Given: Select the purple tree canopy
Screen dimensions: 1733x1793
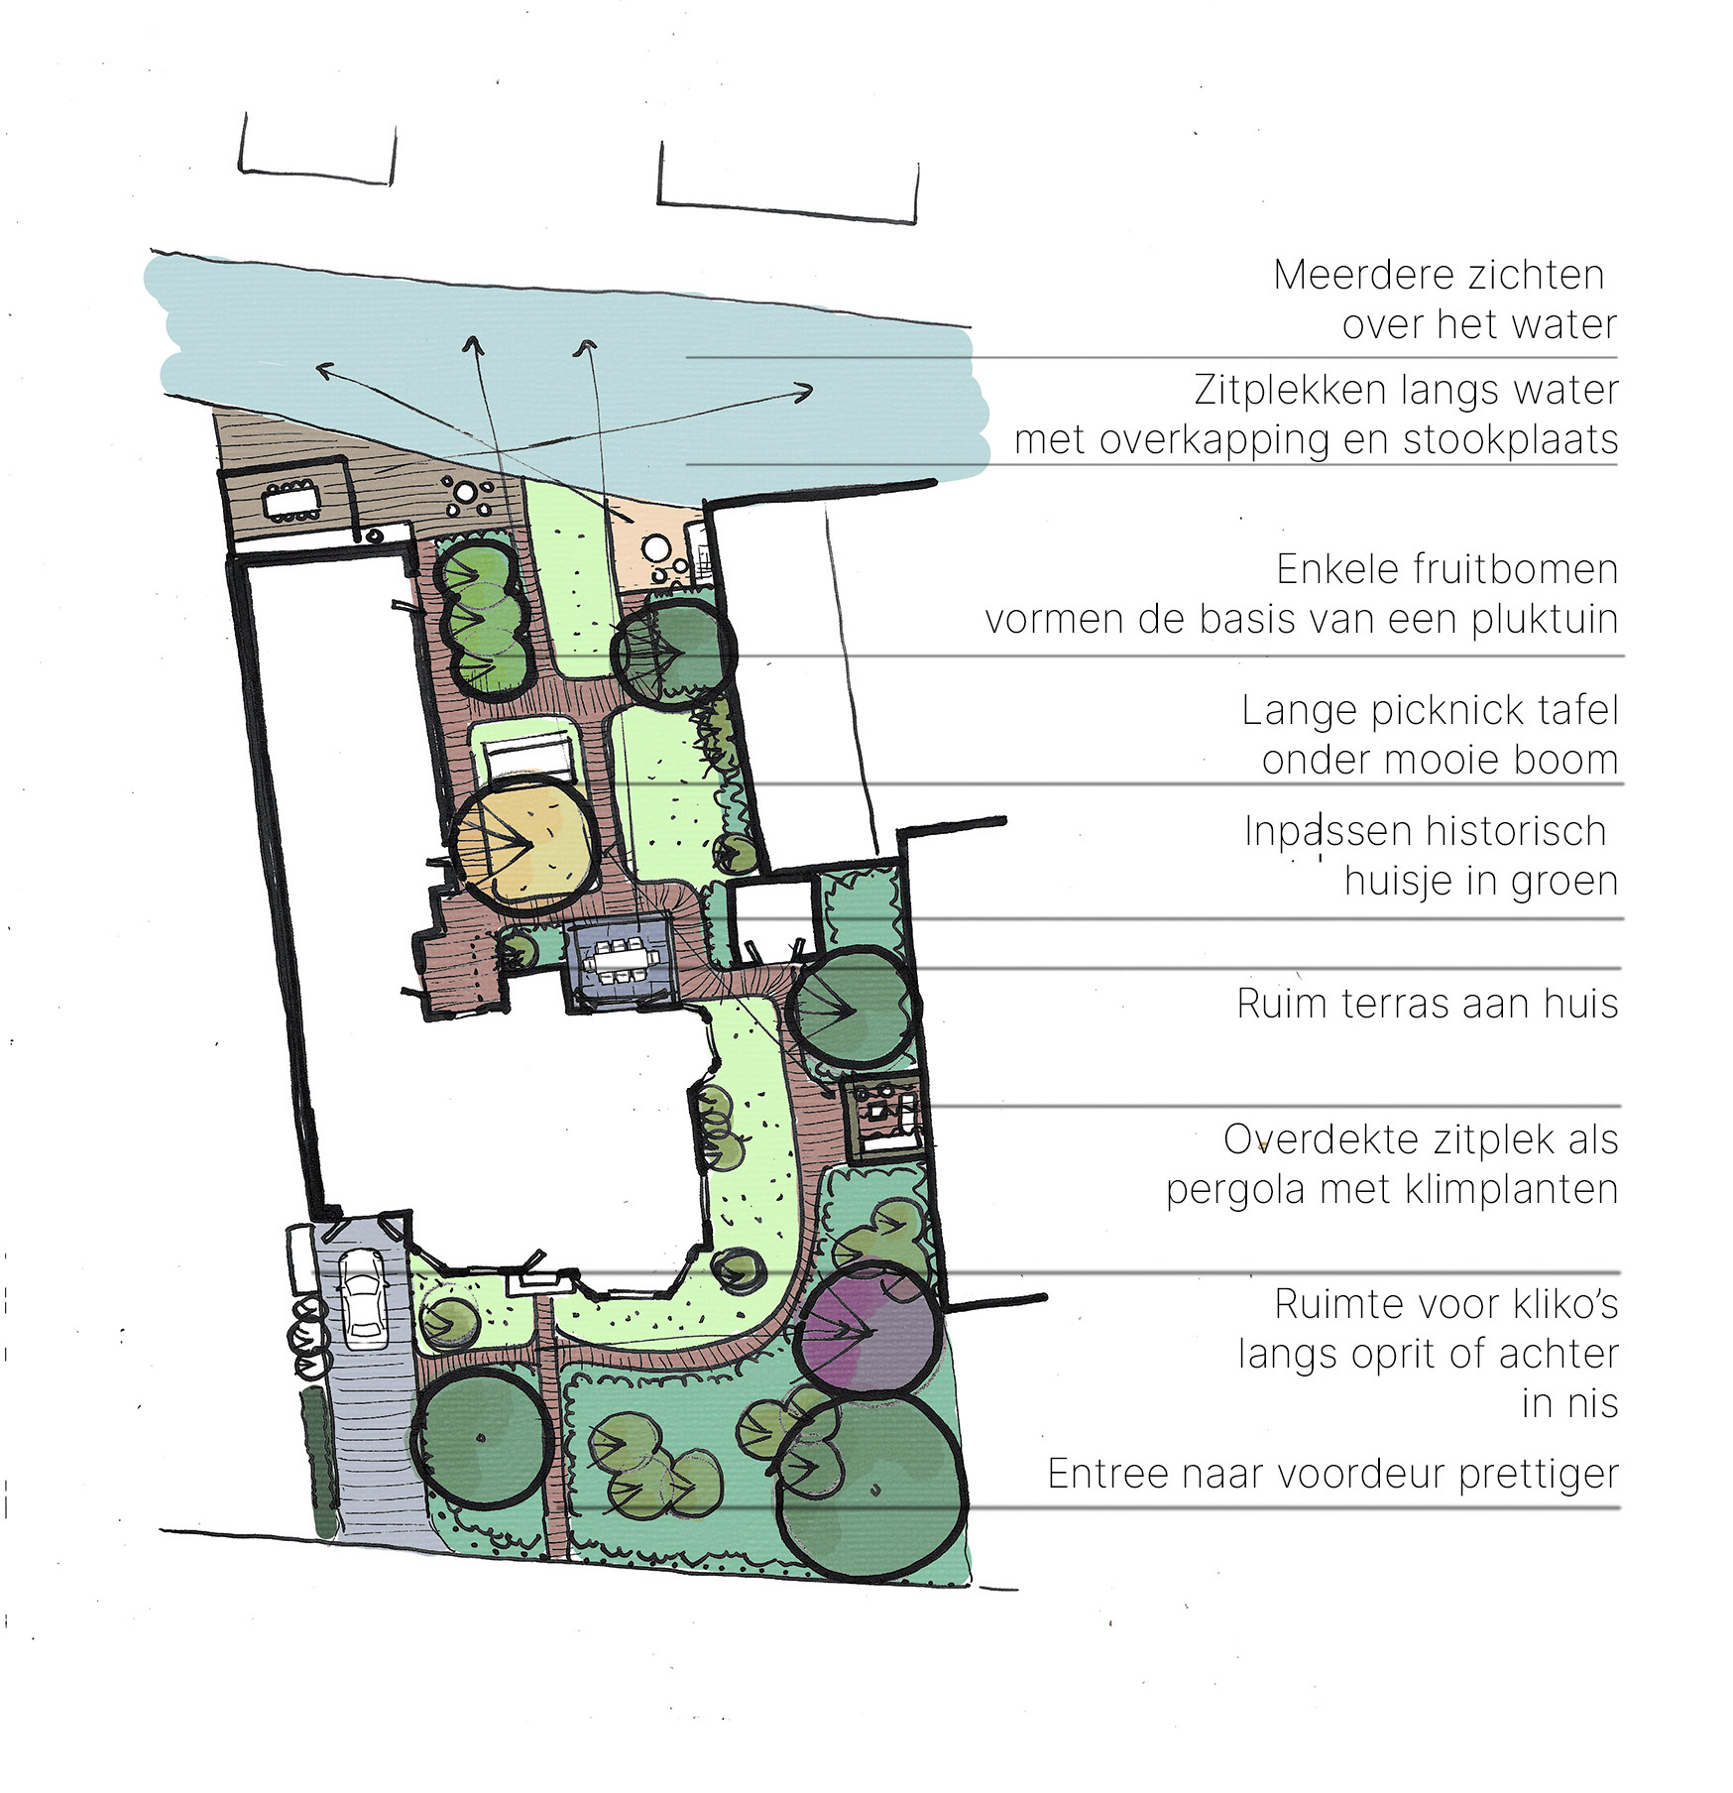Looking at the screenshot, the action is (869, 1328).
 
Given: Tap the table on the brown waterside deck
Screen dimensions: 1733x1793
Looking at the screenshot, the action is (291, 501).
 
